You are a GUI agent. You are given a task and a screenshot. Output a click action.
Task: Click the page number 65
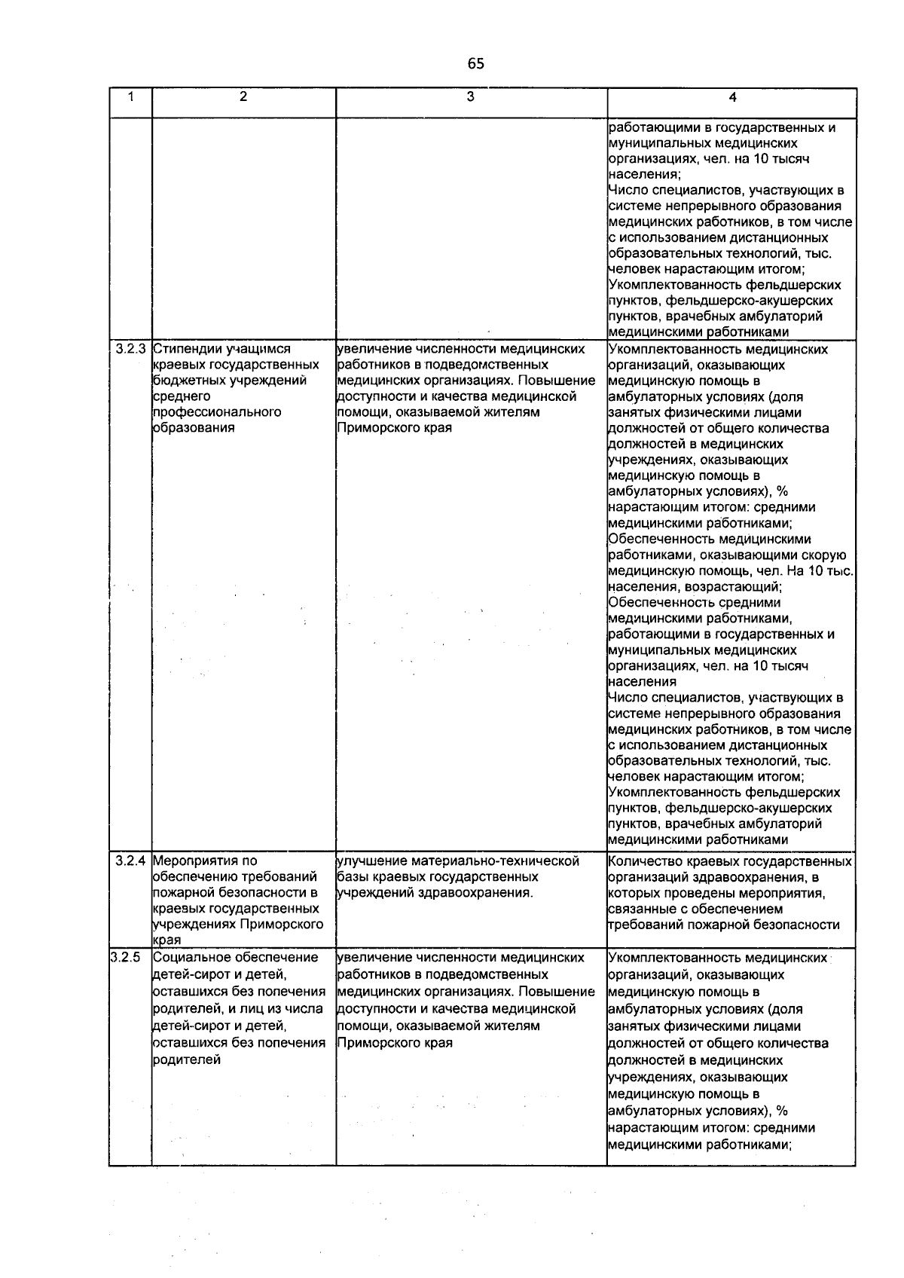pos(475,64)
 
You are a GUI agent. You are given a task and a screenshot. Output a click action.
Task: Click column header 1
pos(130,96)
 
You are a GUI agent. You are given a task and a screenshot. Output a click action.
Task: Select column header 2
pos(243,96)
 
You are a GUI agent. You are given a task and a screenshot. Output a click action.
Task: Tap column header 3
pos(470,96)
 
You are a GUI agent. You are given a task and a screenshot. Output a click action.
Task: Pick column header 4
pos(732,97)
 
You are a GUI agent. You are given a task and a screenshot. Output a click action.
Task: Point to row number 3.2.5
pos(125,957)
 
